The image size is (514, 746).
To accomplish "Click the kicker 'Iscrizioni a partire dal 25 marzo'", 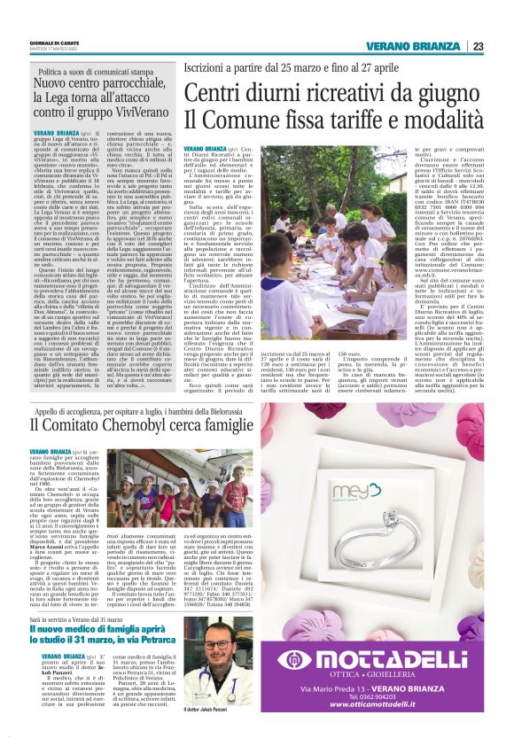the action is [288, 68].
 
